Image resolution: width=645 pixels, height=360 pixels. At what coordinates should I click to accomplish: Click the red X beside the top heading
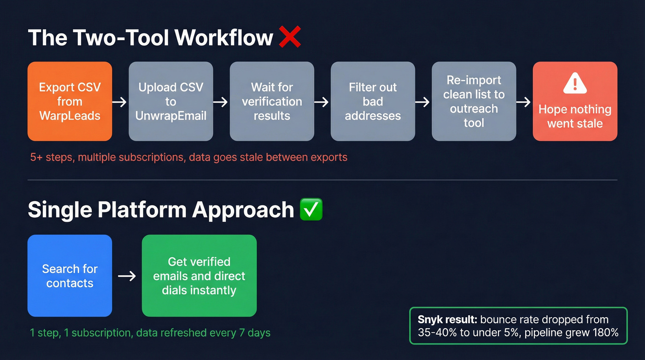coord(290,37)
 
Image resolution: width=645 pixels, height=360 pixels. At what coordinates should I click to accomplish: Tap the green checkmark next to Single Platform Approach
coord(311,210)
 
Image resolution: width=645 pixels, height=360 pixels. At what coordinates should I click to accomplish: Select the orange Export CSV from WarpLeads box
coord(70,101)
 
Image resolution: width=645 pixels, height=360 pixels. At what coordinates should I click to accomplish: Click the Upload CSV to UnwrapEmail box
coord(171,101)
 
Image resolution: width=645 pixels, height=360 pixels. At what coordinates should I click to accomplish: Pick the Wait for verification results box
coord(272,101)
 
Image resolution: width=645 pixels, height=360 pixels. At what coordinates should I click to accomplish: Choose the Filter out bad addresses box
coord(373,101)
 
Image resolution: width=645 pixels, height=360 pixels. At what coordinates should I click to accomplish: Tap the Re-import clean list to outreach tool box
coord(474,101)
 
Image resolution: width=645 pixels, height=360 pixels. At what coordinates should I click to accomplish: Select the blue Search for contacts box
coord(70,276)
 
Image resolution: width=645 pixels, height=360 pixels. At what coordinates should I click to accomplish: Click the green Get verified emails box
coord(199,276)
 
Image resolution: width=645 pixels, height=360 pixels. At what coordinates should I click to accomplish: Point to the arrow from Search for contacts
coord(127,276)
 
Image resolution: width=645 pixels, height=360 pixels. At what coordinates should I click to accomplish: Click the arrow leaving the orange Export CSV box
coord(120,102)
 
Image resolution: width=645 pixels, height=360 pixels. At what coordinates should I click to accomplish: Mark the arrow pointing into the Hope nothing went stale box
coord(524,102)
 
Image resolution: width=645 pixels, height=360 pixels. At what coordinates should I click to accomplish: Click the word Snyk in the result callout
coord(428,319)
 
